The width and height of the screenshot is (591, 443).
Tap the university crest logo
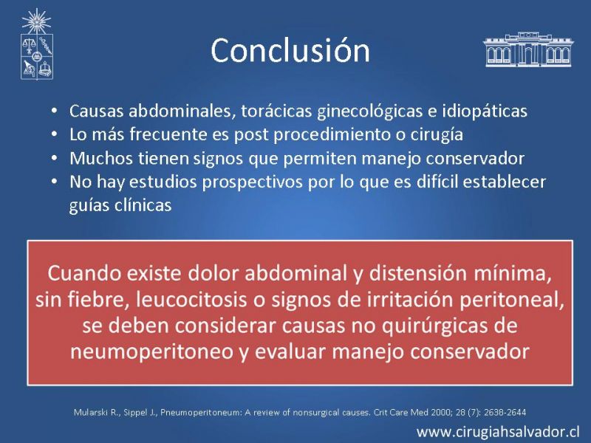(x=36, y=44)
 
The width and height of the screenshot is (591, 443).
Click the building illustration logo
(x=527, y=49)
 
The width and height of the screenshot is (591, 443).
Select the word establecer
(x=505, y=182)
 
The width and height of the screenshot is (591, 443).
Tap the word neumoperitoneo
(x=152, y=352)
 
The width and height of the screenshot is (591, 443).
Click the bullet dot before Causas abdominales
(x=55, y=111)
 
